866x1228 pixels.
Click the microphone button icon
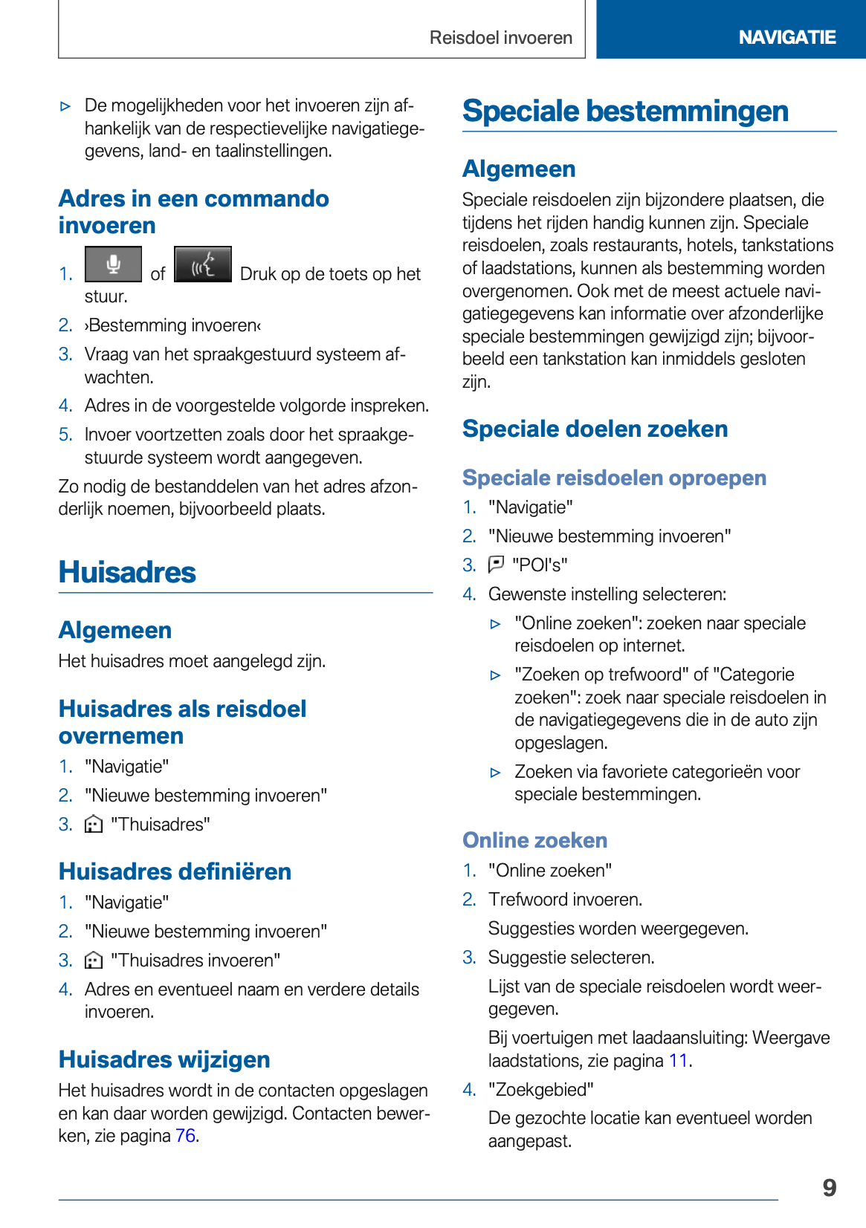point(113,264)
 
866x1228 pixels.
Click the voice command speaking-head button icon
point(203,264)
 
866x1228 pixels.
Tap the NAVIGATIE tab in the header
point(786,37)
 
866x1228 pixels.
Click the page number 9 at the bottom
point(830,1188)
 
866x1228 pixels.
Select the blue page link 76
point(185,1136)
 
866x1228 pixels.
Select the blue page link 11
point(678,1060)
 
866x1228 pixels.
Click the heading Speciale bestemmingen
point(625,111)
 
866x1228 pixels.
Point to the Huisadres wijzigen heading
point(164,1059)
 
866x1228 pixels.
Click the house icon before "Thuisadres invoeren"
point(94,961)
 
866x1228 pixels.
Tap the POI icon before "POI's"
point(496,565)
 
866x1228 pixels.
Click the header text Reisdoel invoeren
point(500,38)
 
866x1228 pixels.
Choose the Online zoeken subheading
point(534,840)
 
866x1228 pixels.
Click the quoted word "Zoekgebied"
point(540,1090)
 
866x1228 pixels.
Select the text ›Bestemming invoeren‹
point(173,325)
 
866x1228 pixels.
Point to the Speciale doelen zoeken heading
point(595,429)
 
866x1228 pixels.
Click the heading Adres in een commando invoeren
point(193,212)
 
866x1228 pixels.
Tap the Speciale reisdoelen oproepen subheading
point(614,478)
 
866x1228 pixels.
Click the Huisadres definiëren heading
point(175,871)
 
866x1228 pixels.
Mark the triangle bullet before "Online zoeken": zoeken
point(496,624)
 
